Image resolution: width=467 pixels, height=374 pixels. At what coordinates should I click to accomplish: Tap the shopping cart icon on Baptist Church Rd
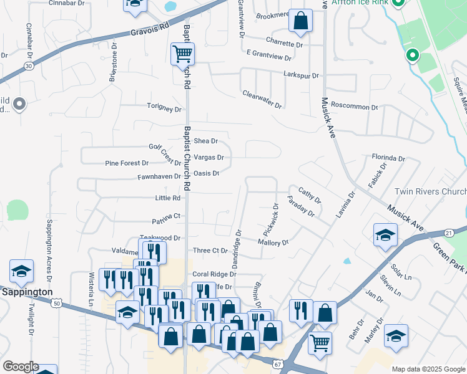point(182,54)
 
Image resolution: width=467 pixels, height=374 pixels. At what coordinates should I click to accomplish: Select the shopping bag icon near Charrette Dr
point(300,21)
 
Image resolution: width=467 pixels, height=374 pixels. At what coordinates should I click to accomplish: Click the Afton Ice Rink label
point(359,2)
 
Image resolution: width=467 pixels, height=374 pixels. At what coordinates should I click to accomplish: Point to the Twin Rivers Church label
point(430,192)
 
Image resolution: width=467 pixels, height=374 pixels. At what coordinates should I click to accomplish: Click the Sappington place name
point(26,292)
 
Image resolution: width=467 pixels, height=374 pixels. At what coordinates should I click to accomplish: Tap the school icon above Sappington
point(21,271)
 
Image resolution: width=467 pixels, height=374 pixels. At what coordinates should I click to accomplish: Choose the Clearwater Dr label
point(262,99)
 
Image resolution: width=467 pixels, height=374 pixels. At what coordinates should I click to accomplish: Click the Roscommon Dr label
point(355,107)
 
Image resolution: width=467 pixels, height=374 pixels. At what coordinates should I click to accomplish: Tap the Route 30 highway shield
point(28,65)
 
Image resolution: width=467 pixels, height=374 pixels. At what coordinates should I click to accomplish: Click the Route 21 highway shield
point(448,233)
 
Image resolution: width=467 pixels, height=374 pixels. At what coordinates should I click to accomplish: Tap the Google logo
point(21,366)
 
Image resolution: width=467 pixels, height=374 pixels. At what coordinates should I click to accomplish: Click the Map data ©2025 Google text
point(428,369)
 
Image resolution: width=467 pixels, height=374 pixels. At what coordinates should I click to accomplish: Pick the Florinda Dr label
point(388,158)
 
